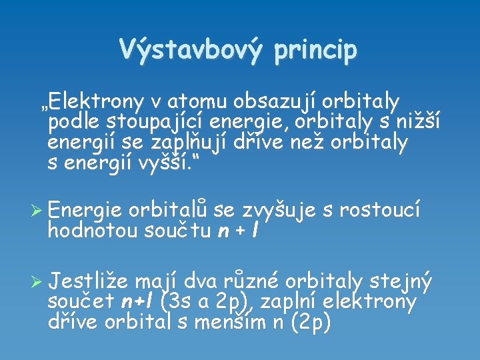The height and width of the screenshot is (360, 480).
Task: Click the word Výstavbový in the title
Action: coord(190,49)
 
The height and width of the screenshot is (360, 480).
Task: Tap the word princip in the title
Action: coord(317,50)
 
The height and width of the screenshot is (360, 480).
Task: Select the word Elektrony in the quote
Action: coord(96,102)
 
